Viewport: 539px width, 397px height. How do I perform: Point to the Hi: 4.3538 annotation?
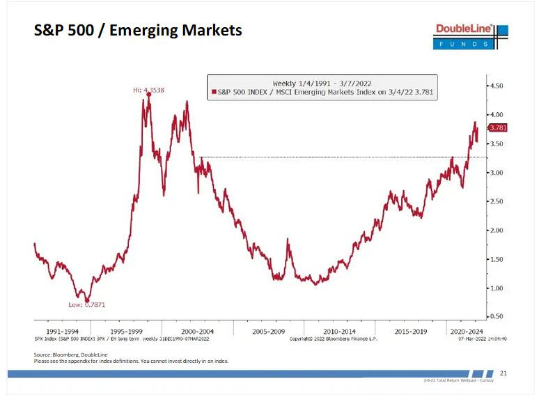[149, 91]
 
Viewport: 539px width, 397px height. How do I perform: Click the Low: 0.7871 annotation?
[86, 304]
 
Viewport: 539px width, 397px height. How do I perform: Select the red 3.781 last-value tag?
[498, 127]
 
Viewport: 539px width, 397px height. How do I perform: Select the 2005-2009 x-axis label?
[268, 332]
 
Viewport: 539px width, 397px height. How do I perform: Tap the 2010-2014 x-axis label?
[339, 332]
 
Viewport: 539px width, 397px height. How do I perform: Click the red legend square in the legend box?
[213, 91]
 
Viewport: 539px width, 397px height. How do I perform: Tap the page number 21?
[503, 374]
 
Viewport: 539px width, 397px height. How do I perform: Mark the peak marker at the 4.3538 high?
[148, 95]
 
